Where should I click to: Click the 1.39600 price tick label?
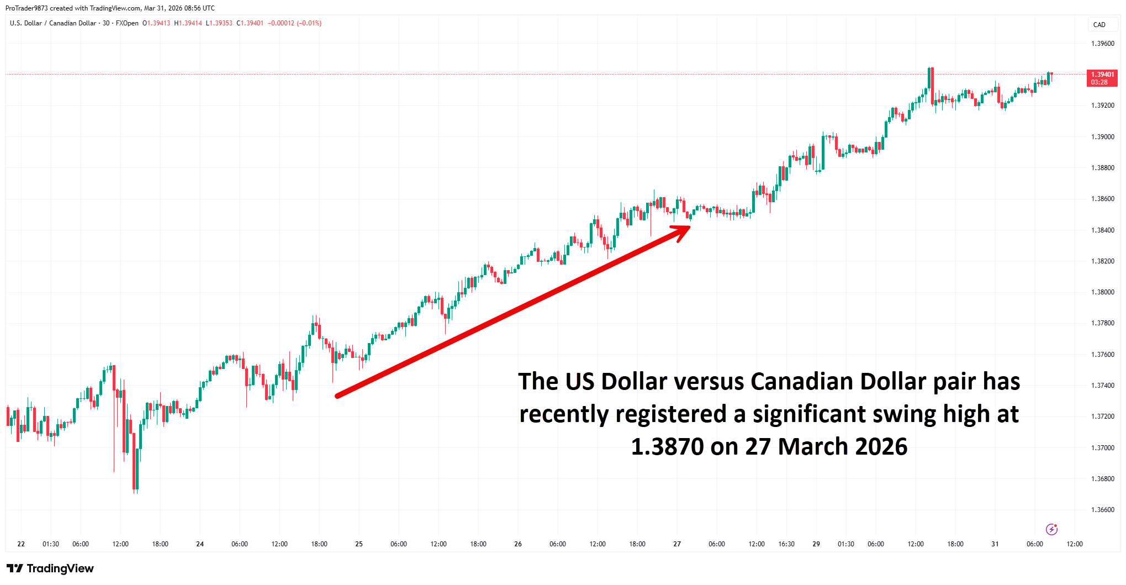[x=1102, y=44]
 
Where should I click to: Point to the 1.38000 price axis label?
[x=1102, y=292]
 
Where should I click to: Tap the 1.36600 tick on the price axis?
[x=1102, y=510]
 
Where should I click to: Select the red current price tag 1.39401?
[x=1102, y=78]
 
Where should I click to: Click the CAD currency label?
[x=1099, y=25]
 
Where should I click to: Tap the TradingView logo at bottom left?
[x=50, y=568]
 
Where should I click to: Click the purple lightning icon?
[x=1051, y=529]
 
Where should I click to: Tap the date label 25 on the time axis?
[x=359, y=544]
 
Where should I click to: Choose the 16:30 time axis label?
[x=786, y=544]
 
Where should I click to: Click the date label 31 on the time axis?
[x=995, y=544]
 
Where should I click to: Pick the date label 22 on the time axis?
[x=21, y=544]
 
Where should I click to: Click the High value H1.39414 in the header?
[x=188, y=23]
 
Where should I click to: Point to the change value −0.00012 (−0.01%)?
[x=294, y=23]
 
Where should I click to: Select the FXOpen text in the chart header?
[x=127, y=23]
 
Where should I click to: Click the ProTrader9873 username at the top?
[x=27, y=8]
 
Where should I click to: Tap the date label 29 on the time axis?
[x=816, y=544]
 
